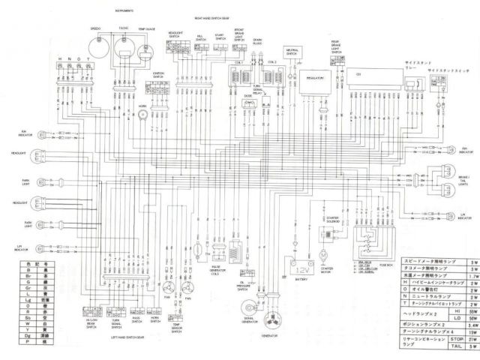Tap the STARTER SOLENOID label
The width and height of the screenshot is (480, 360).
tap(331, 220)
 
